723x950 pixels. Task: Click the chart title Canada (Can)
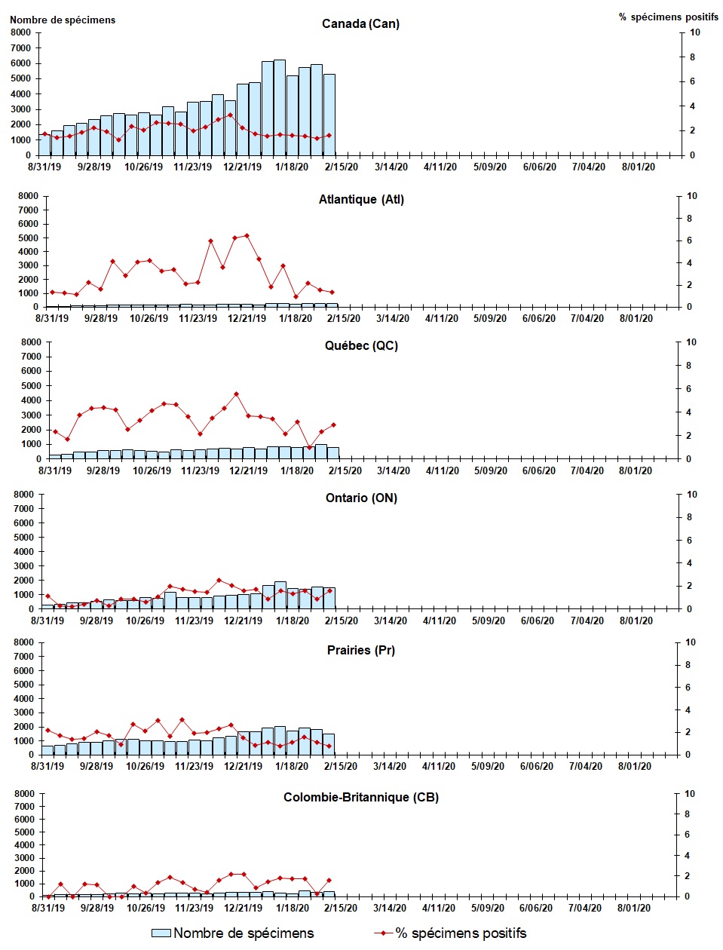[360, 24]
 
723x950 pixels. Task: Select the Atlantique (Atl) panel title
[361, 200]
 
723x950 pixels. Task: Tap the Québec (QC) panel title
[361, 346]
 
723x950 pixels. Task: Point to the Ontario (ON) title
[361, 498]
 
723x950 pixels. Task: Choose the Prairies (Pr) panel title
[361, 651]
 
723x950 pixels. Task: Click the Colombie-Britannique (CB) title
[361, 798]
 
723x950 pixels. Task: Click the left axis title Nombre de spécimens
[63, 20]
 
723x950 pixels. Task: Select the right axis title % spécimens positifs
[669, 17]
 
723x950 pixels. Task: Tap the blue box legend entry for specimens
[161, 933]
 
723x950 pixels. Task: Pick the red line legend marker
[383, 933]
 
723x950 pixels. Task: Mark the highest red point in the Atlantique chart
[247, 236]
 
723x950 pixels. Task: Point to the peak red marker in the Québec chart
[236, 394]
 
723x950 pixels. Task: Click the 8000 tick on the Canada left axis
[20, 32]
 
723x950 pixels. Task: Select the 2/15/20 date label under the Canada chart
[341, 167]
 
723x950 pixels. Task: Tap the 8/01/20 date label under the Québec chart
[636, 471]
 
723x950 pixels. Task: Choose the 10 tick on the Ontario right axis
[692, 495]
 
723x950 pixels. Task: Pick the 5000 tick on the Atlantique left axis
[28, 237]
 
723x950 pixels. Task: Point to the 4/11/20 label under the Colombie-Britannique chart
[438, 909]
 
